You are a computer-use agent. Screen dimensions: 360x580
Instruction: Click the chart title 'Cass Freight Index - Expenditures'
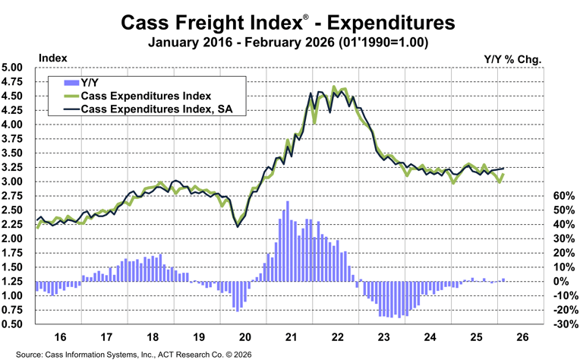point(289,23)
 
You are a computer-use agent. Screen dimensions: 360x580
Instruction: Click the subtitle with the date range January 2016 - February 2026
point(289,43)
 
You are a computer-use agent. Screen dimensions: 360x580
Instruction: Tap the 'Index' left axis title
point(52,58)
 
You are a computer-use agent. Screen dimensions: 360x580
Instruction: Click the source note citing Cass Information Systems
point(134,354)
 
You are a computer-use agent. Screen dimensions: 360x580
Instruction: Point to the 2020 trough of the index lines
point(238,226)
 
